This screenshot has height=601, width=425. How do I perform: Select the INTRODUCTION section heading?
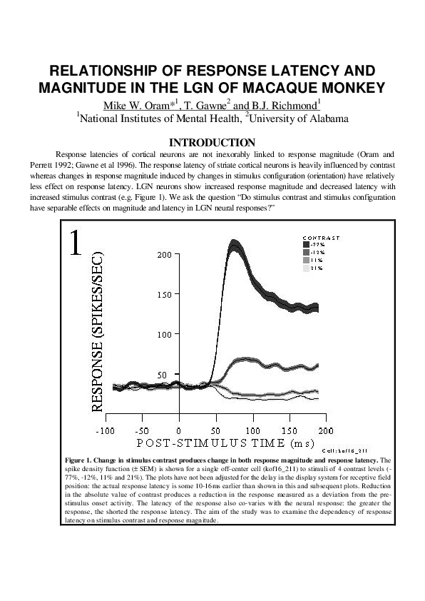click(x=212, y=143)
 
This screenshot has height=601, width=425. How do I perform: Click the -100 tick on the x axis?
click(x=106, y=431)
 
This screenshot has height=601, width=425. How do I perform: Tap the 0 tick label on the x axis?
click(x=179, y=431)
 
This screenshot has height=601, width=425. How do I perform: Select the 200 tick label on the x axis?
click(x=325, y=431)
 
